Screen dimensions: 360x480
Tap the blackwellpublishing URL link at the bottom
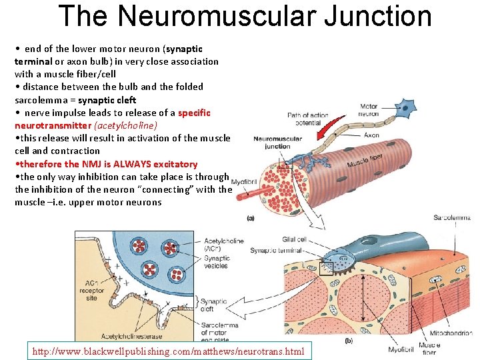pos(167,351)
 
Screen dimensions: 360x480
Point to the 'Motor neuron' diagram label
pos(369,110)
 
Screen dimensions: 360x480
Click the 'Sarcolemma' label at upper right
pos(451,217)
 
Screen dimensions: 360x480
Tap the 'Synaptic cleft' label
pos(215,306)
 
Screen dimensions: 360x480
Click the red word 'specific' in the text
pos(195,113)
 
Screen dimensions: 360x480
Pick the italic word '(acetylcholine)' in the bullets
pos(126,125)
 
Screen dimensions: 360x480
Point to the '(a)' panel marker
pos(251,217)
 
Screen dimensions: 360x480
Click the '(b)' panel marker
pos(348,340)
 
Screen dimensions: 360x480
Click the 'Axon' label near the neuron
pos(371,135)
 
